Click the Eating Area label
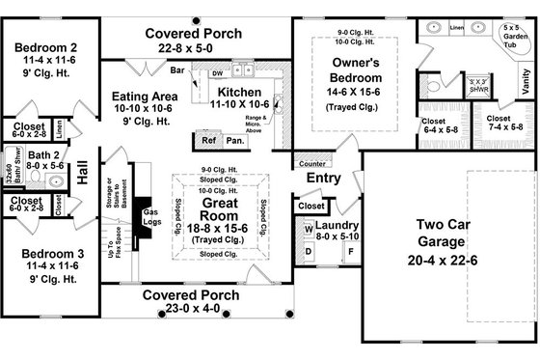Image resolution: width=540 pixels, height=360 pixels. point(146,97)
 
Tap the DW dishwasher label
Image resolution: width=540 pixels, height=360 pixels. point(217,72)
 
